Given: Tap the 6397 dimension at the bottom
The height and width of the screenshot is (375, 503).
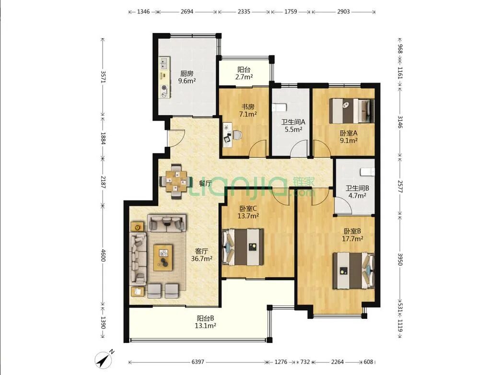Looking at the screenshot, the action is pos(198,362).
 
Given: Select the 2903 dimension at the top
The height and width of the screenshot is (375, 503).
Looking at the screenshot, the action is pos(343,12).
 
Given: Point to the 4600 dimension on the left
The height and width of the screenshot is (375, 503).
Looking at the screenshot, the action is pos(103,255).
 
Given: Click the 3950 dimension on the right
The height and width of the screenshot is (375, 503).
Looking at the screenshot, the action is pos(400,259).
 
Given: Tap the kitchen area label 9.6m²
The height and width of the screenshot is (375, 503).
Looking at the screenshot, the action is pos(187,81).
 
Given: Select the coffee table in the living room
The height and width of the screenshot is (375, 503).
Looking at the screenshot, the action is pos(164,258).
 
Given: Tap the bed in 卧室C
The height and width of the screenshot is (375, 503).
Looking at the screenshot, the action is pos(243,247).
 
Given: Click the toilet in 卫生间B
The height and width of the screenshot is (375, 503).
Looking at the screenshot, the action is pos(368,172).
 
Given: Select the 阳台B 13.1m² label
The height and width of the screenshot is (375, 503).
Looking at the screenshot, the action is pos(205,322).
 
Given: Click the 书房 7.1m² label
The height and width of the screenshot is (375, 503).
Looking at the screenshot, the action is pos(248,110).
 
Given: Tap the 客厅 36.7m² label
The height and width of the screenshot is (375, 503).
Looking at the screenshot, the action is pos(202,255).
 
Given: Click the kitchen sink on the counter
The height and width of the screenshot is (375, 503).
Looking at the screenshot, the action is pos(164,63).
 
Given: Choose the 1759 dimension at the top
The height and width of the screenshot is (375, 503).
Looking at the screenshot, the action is pos(291,12).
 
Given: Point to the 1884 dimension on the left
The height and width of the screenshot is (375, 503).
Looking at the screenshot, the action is pos(103,138).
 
